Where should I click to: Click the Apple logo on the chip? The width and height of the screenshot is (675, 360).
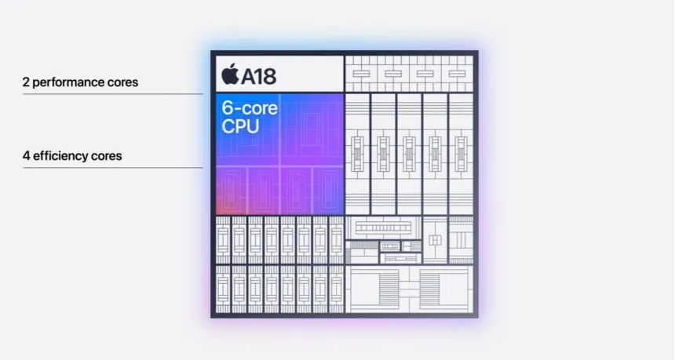point(229,75)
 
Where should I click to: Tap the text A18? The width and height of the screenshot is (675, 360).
point(258,75)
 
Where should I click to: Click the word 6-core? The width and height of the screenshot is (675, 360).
point(249,108)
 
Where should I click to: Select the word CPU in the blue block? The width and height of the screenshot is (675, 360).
point(239,125)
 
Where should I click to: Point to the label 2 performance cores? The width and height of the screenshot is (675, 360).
point(80,82)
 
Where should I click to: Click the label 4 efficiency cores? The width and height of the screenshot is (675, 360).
point(72,155)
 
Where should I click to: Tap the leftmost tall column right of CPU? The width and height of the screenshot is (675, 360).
point(357,153)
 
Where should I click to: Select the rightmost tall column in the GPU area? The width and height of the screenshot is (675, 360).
point(461,153)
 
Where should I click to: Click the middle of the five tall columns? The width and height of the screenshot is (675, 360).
point(409,153)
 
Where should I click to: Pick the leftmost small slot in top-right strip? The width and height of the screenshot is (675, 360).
point(362,73)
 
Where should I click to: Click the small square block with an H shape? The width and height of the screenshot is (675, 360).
point(434,238)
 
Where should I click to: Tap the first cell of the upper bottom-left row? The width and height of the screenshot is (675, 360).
point(223,238)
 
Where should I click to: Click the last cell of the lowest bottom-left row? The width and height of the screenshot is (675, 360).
point(336,288)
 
